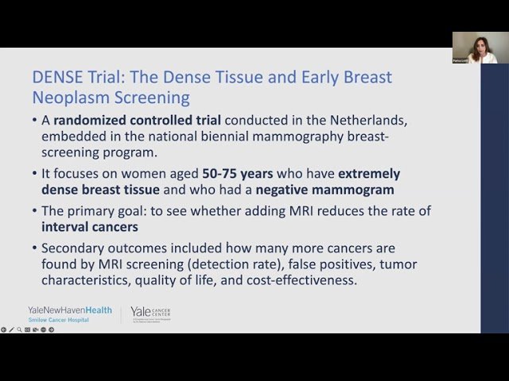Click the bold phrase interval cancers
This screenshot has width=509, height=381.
[x=90, y=226]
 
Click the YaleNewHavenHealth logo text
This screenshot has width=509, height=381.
[x=70, y=310]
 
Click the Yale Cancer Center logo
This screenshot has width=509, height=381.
[x=150, y=314]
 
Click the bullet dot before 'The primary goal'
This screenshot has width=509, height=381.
[x=34, y=210]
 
